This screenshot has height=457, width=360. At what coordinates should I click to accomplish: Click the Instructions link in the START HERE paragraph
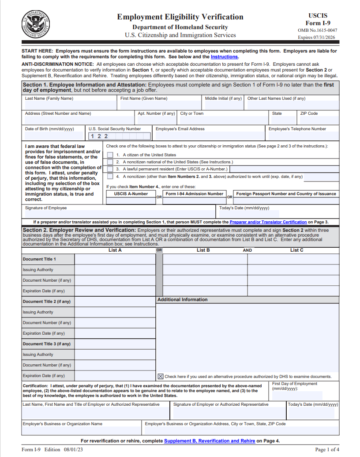coord(225,57)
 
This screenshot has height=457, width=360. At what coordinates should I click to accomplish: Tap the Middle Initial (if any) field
coord(223,106)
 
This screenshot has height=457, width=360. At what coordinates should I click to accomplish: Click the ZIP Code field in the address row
coord(319,120)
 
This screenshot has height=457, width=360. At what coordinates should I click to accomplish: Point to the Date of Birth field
coord(54,136)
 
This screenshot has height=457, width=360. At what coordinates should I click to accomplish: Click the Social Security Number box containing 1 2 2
coord(119,136)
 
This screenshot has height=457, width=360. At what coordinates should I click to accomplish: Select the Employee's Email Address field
coord(209,136)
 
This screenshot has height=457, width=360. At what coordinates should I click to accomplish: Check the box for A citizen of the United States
coord(110,155)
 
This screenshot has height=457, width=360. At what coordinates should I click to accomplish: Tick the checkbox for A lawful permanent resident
coord(110,169)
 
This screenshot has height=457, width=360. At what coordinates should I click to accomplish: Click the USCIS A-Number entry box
coord(131,201)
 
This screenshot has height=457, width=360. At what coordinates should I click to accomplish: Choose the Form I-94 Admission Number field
coord(194,201)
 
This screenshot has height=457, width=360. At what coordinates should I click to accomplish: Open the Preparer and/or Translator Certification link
coord(268,222)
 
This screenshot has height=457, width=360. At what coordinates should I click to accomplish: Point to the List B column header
coord(203,250)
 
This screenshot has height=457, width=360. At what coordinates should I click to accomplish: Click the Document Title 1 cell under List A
coord(115,259)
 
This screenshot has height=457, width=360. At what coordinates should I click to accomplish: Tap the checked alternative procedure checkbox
coord(161,376)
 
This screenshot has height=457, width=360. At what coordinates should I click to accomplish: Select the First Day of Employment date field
coord(297,396)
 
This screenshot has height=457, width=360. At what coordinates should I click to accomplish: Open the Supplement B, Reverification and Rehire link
coord(210,441)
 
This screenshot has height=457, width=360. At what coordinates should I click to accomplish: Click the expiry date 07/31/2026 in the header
coord(322,38)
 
